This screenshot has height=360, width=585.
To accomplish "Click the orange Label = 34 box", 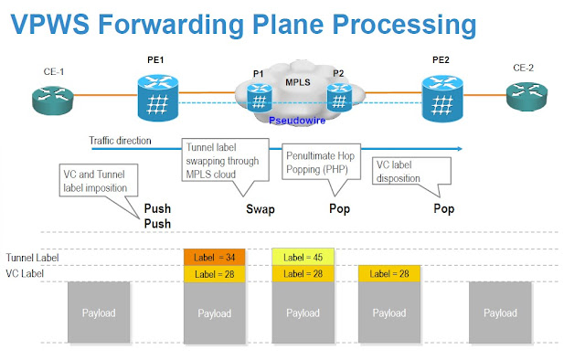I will (x=216, y=257).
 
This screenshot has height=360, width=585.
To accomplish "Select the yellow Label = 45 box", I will (x=303, y=257).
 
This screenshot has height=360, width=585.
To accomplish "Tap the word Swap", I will (x=260, y=208).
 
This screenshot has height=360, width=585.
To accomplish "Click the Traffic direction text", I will (x=120, y=142).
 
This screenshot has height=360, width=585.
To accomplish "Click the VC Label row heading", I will (x=26, y=272).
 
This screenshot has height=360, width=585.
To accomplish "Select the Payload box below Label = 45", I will (x=303, y=312).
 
